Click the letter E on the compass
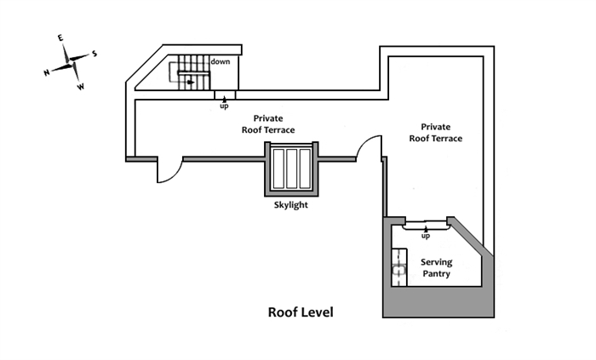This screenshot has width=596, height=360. point(60,38)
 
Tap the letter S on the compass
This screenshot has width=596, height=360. point(95,53)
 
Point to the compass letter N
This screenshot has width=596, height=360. point(46,73)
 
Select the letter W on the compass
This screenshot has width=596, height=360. point(81,87)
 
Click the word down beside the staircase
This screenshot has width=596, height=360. point(221,61)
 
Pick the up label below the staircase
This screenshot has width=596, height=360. point(224,106)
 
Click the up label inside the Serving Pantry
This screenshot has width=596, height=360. point(426,235)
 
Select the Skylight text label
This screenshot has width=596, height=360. point(290,206)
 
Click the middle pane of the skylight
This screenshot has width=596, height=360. point(291,170)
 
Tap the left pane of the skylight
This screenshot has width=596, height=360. point(278,170)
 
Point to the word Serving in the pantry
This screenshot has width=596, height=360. point(435,262)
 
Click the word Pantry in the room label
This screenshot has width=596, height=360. point(435,274)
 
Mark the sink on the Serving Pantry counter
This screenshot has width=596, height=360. point(398,272)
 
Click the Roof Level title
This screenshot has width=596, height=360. point(301,312)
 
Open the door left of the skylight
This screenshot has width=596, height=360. point(168,169)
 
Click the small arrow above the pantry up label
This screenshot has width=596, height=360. point(426,227)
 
